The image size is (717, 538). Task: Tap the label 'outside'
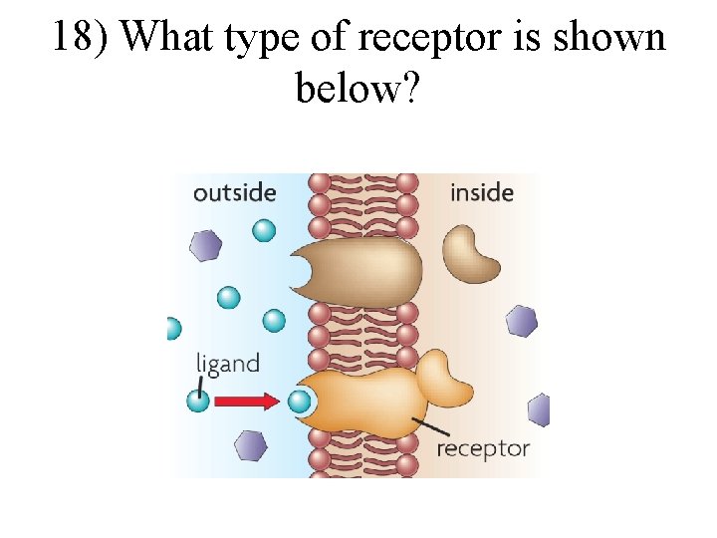coord(234,191)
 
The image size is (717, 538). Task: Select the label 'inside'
coord(482,191)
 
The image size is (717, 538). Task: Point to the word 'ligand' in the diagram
coord(227,364)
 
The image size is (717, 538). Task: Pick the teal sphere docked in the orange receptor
coord(300,402)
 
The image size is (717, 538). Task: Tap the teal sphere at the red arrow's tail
coord(197,402)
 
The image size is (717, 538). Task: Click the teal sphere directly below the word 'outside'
coord(264,231)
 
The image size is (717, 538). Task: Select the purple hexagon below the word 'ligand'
coord(249,445)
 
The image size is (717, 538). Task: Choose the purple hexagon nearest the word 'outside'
coord(206,245)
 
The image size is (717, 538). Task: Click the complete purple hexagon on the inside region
coord(521,320)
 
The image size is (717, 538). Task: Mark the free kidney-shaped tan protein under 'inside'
coord(470,252)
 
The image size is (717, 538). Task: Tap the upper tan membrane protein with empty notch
coord(363,269)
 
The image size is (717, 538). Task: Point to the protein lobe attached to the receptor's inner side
coord(443,380)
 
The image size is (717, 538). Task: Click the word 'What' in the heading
coord(171,38)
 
